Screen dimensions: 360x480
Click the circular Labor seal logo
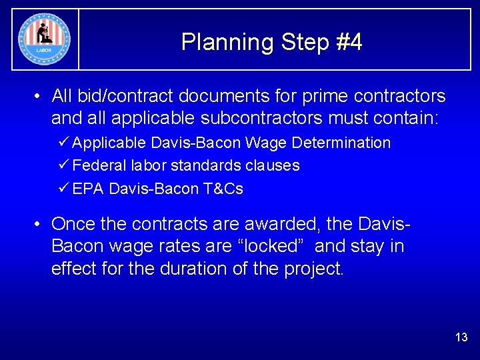point(45,39)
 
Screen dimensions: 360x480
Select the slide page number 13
point(461,337)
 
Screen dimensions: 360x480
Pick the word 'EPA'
point(88,189)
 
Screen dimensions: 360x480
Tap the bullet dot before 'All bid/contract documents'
point(39,97)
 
